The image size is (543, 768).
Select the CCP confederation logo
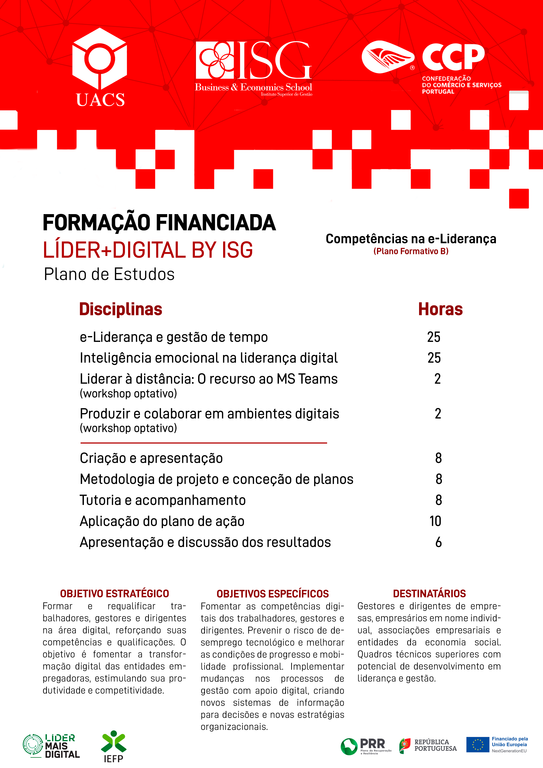[431, 67]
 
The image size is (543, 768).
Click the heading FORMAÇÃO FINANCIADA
[159, 223]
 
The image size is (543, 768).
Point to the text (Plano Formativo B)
[411, 251]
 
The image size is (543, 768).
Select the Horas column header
[440, 309]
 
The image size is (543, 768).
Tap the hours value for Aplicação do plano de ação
[435, 521]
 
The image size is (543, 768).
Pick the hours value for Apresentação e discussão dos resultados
[438, 542]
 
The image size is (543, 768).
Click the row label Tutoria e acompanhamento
[163, 500]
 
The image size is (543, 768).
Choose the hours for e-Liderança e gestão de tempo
[434, 337]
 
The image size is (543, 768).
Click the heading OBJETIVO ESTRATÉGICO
[115, 594]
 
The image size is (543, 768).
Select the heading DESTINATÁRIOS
[429, 594]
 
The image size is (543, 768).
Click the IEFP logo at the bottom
[113, 746]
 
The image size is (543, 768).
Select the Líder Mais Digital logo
[51, 746]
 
